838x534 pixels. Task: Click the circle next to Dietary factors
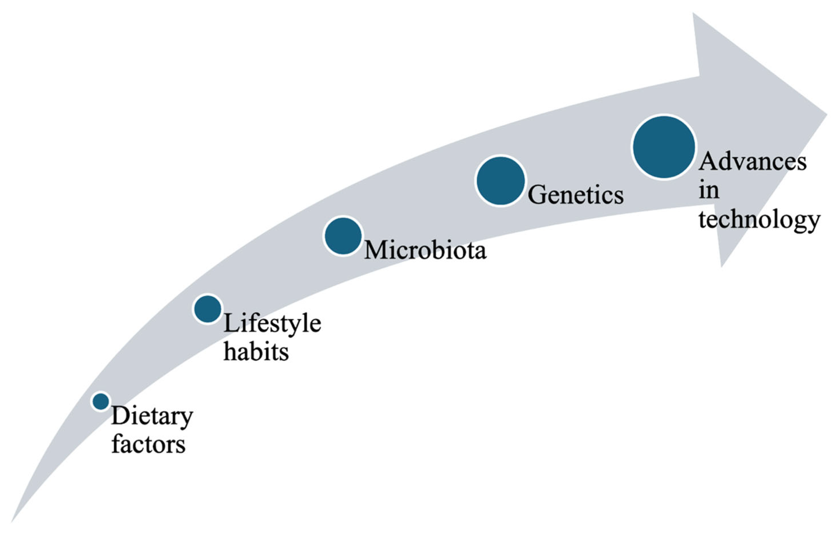pyautogui.click(x=101, y=401)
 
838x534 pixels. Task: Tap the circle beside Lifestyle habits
pyautogui.click(x=207, y=309)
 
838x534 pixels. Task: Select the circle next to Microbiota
pyautogui.click(x=343, y=236)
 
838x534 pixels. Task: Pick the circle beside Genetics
pyautogui.click(x=501, y=181)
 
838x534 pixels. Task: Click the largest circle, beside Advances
pyautogui.click(x=664, y=147)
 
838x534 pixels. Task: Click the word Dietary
pyautogui.click(x=152, y=417)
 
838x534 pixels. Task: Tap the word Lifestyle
pyautogui.click(x=272, y=324)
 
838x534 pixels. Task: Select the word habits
pyautogui.click(x=256, y=352)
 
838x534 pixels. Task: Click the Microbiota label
pyautogui.click(x=425, y=250)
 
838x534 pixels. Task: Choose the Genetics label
pyautogui.click(x=576, y=195)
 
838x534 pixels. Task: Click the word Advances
pyautogui.click(x=753, y=162)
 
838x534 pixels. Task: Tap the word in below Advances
pyautogui.click(x=709, y=191)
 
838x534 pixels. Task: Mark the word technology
pyautogui.click(x=759, y=220)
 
